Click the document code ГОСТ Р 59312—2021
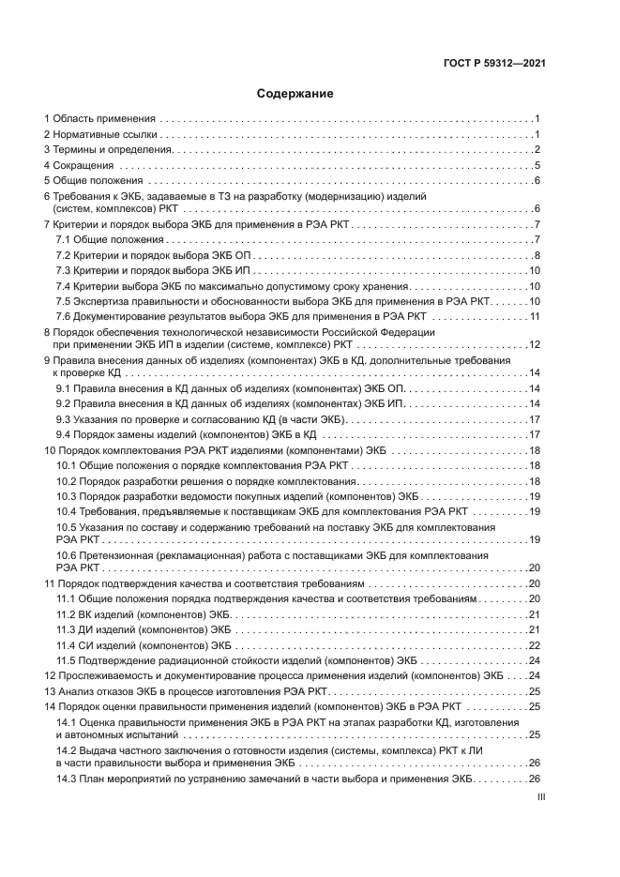point(494,64)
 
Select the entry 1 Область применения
point(100,119)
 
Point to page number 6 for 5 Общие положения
point(537,181)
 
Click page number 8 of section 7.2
point(537,255)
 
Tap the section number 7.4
point(64,285)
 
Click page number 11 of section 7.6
point(534,316)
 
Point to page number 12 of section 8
point(534,345)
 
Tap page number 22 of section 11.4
point(534,645)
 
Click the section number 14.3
point(67,779)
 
